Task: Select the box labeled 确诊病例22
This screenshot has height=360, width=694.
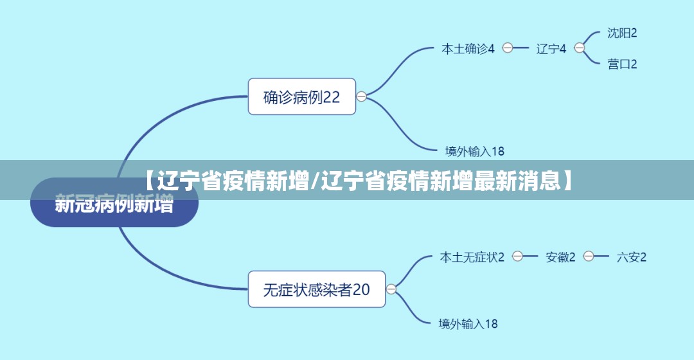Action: pos(301,97)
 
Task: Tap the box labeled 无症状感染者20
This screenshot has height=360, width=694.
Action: pos(316,289)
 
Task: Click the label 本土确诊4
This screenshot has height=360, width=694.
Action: pos(467,48)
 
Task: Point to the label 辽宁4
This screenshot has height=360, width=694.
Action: pos(551,48)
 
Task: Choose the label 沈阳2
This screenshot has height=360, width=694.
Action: pos(622,33)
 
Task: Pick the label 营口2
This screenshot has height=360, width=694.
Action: pos(622,64)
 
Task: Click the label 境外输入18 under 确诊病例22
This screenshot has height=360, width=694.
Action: pos(474,152)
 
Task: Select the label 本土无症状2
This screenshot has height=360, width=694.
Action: pos(472,257)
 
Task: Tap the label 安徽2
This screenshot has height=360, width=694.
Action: pos(560,257)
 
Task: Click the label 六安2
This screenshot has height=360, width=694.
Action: pos(631,257)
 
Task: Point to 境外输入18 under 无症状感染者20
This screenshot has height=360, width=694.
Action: pos(468,324)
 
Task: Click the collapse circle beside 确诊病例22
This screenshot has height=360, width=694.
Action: pos(361,96)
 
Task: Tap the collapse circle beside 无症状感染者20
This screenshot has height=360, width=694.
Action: pos(391,289)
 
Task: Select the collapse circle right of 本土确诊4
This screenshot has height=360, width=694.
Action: pos(508,48)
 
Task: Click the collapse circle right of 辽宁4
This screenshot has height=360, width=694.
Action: pos(580,48)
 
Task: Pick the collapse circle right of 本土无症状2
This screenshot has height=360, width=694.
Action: pos(517,256)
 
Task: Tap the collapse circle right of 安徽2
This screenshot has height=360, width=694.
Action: pos(589,256)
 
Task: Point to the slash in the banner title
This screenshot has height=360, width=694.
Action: pos(315,181)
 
